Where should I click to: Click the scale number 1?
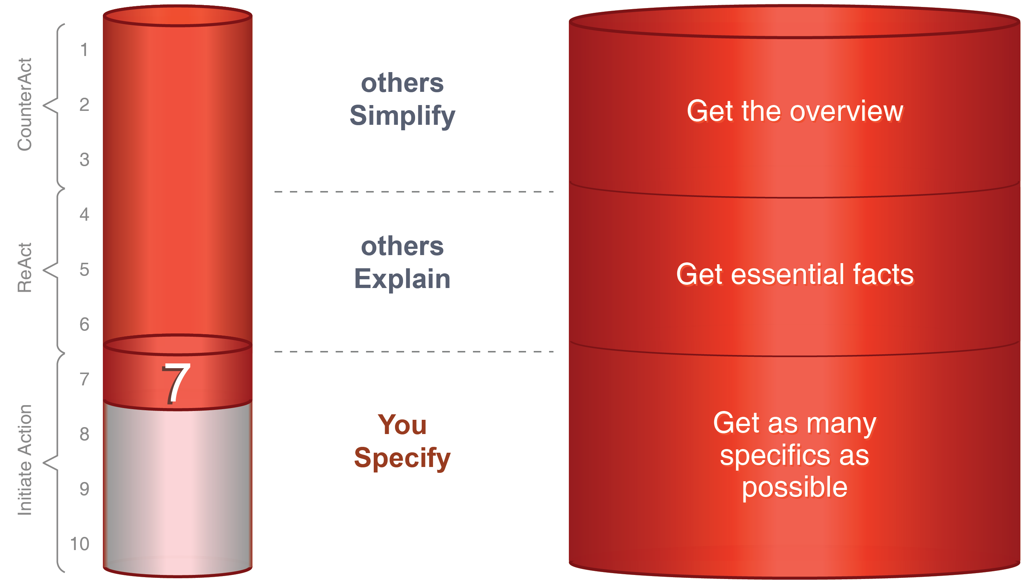tap(84, 50)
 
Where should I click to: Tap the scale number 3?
tap(84, 160)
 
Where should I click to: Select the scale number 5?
tap(84, 269)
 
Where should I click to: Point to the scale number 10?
tap(79, 544)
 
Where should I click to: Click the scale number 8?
tap(84, 434)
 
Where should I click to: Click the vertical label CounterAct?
tap(25, 104)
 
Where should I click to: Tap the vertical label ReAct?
tap(25, 268)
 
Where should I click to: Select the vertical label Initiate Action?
tap(25, 460)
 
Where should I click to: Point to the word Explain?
tap(402, 279)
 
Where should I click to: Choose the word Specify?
tap(402, 457)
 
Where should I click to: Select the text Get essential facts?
tap(794, 274)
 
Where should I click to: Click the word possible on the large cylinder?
tap(794, 487)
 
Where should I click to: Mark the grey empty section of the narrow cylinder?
tap(177, 485)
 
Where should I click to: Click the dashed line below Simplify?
tap(413, 192)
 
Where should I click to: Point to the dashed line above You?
tap(413, 352)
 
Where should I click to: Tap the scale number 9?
tap(84, 489)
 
